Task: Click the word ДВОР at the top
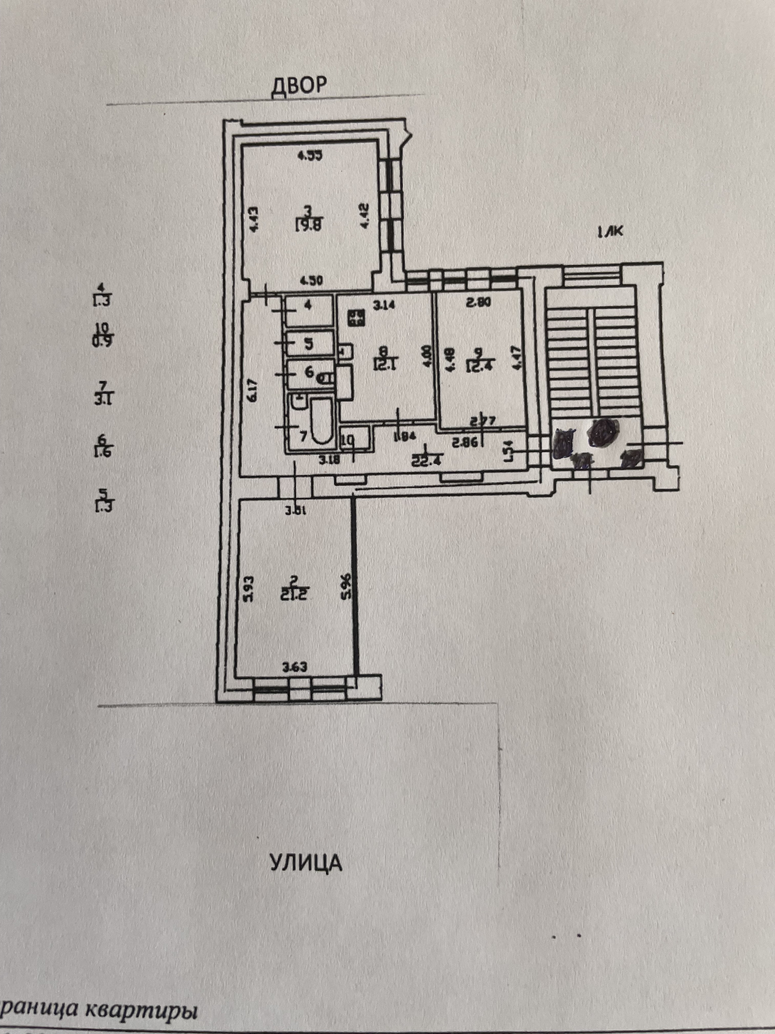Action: point(299,87)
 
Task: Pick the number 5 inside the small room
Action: point(309,344)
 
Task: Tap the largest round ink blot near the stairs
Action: point(603,431)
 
